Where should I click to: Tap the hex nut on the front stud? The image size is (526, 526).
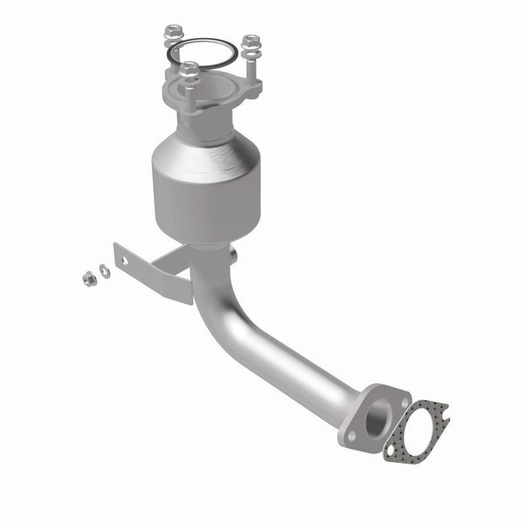189,68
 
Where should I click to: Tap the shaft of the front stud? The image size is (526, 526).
190,92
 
